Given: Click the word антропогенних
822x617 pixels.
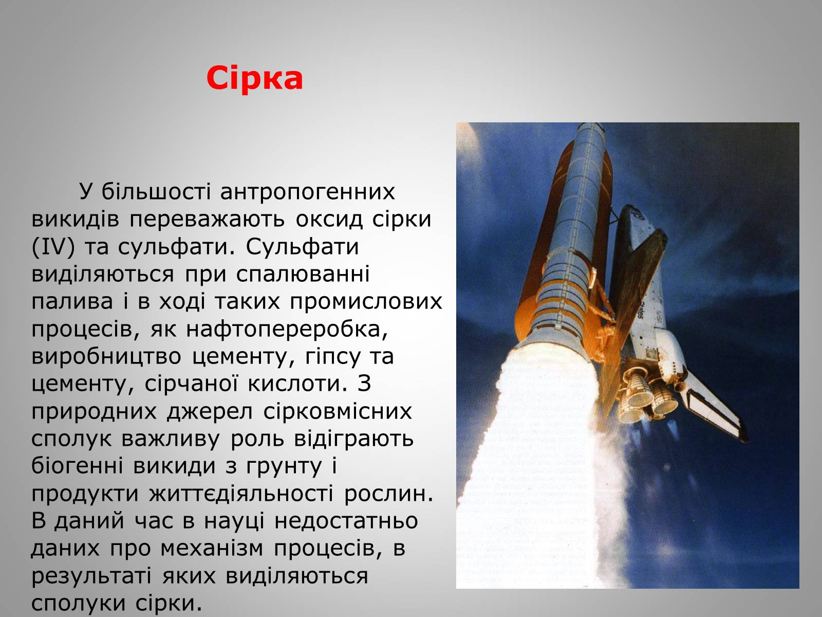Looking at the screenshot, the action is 307,192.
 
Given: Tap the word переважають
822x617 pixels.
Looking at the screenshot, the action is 207,220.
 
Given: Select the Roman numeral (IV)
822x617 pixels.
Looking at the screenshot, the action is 53,247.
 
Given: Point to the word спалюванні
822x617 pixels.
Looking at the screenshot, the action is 303,275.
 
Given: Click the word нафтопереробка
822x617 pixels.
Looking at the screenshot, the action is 287,330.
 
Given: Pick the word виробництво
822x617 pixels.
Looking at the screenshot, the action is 106,357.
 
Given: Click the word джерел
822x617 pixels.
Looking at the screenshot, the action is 210,412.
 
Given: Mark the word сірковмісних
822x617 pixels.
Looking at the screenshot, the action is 338,412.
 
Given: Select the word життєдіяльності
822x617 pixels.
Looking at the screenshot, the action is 241,494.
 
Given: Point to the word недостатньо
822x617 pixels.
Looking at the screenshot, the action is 346,521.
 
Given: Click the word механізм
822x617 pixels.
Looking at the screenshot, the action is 212,549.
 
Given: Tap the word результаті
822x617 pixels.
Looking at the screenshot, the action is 91,576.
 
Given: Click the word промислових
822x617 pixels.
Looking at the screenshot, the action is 366,302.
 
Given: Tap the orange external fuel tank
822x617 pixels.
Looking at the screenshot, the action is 562,240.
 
